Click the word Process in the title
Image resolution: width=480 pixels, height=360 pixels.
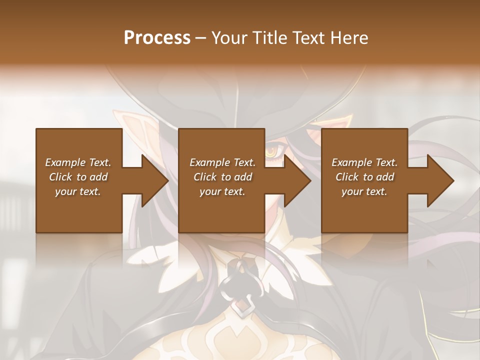pyautogui.click(x=157, y=38)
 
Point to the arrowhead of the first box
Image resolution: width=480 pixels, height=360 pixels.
pyautogui.click(x=154, y=180)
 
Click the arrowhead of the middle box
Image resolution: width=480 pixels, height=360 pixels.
pyautogui.click(x=297, y=180)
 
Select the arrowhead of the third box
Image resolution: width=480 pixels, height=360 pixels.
pyautogui.click(x=440, y=180)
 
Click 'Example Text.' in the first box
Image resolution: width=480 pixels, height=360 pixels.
pyautogui.click(x=78, y=162)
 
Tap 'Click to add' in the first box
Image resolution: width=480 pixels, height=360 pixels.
pyautogui.click(x=78, y=177)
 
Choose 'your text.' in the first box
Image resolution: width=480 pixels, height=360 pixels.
pyautogui.click(x=78, y=191)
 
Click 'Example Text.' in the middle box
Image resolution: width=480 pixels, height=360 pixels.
pyautogui.click(x=222, y=162)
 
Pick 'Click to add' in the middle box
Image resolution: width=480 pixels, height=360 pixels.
pyautogui.click(x=222, y=177)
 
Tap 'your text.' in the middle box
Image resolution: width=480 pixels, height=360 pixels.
pyautogui.click(x=222, y=191)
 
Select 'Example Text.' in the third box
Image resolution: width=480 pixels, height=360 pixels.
pyautogui.click(x=364, y=162)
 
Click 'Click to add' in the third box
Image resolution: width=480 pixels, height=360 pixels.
pyautogui.click(x=364, y=177)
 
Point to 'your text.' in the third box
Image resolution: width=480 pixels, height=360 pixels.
pyautogui.click(x=364, y=191)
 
